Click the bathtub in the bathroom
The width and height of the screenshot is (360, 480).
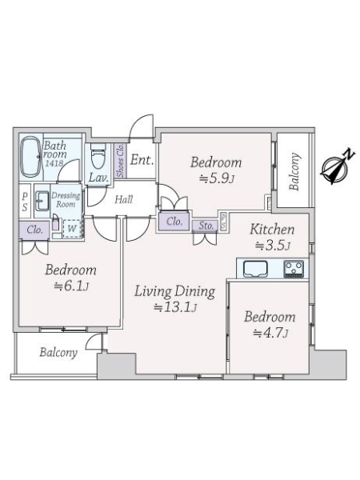(x=30, y=157)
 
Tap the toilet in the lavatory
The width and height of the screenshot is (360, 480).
(x=98, y=157)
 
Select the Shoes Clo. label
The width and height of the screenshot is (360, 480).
(x=120, y=161)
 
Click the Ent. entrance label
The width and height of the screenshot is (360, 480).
(x=142, y=160)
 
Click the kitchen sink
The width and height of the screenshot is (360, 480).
(x=256, y=269)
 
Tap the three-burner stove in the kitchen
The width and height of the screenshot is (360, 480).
(x=294, y=269)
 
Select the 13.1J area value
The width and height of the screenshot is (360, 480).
(x=174, y=307)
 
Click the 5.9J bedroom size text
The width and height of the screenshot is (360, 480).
(x=217, y=178)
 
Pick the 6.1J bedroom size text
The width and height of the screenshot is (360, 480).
(x=71, y=286)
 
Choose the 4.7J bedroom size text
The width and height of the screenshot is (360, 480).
(x=270, y=333)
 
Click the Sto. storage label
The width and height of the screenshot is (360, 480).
(x=206, y=226)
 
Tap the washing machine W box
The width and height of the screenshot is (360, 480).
(x=72, y=229)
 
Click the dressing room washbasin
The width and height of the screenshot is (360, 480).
(x=42, y=201)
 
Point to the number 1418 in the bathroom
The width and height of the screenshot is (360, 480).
(x=54, y=163)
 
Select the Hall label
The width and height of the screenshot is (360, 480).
(x=124, y=199)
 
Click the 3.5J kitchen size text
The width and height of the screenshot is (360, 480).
(x=273, y=246)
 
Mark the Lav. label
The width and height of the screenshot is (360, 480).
(x=99, y=178)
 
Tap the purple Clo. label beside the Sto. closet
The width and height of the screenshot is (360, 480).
(x=174, y=221)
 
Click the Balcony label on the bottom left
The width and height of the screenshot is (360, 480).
(x=58, y=352)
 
